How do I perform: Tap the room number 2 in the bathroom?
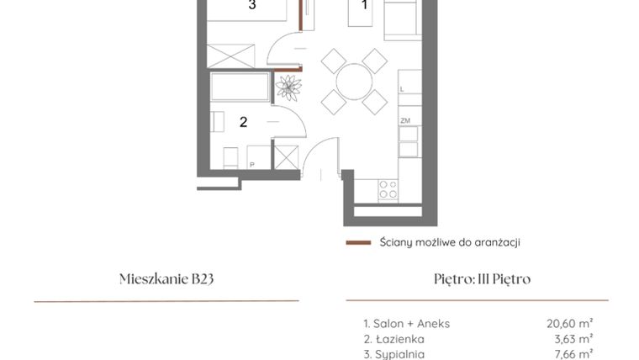tap(243, 122)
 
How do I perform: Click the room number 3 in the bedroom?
tap(251, 6)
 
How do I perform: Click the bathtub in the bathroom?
tap(240, 87)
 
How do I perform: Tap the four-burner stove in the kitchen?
tap(388, 190)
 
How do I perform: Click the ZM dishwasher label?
tap(404, 122)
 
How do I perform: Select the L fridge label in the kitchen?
tap(403, 88)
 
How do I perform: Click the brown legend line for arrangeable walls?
tap(358, 242)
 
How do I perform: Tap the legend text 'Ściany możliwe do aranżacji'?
tap(449, 242)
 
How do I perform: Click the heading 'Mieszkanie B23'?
tap(166, 279)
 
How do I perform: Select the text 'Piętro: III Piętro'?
tap(477, 279)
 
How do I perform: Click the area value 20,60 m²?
tap(569, 322)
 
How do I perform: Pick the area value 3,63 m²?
tap(572, 339)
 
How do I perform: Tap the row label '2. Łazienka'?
tap(393, 339)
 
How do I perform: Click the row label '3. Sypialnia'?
tap(393, 355)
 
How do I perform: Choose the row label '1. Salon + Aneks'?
tap(406, 322)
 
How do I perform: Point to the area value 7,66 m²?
tap(572, 355)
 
